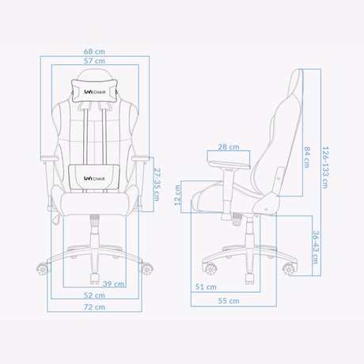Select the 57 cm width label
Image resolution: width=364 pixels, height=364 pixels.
pyautogui.click(x=96, y=62)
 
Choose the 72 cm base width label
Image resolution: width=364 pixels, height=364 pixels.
pyautogui.click(x=96, y=306)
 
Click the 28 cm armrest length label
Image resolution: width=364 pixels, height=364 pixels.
pyautogui.click(x=229, y=147)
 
